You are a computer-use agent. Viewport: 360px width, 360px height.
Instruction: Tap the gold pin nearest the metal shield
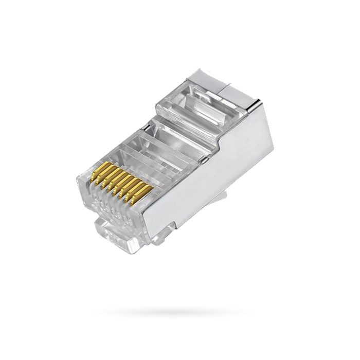[145, 192]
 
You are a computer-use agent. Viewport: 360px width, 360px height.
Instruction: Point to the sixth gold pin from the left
[132, 188]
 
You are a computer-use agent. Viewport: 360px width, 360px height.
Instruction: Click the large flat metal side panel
[216, 175]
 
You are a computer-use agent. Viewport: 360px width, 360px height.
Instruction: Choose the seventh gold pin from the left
[138, 190]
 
